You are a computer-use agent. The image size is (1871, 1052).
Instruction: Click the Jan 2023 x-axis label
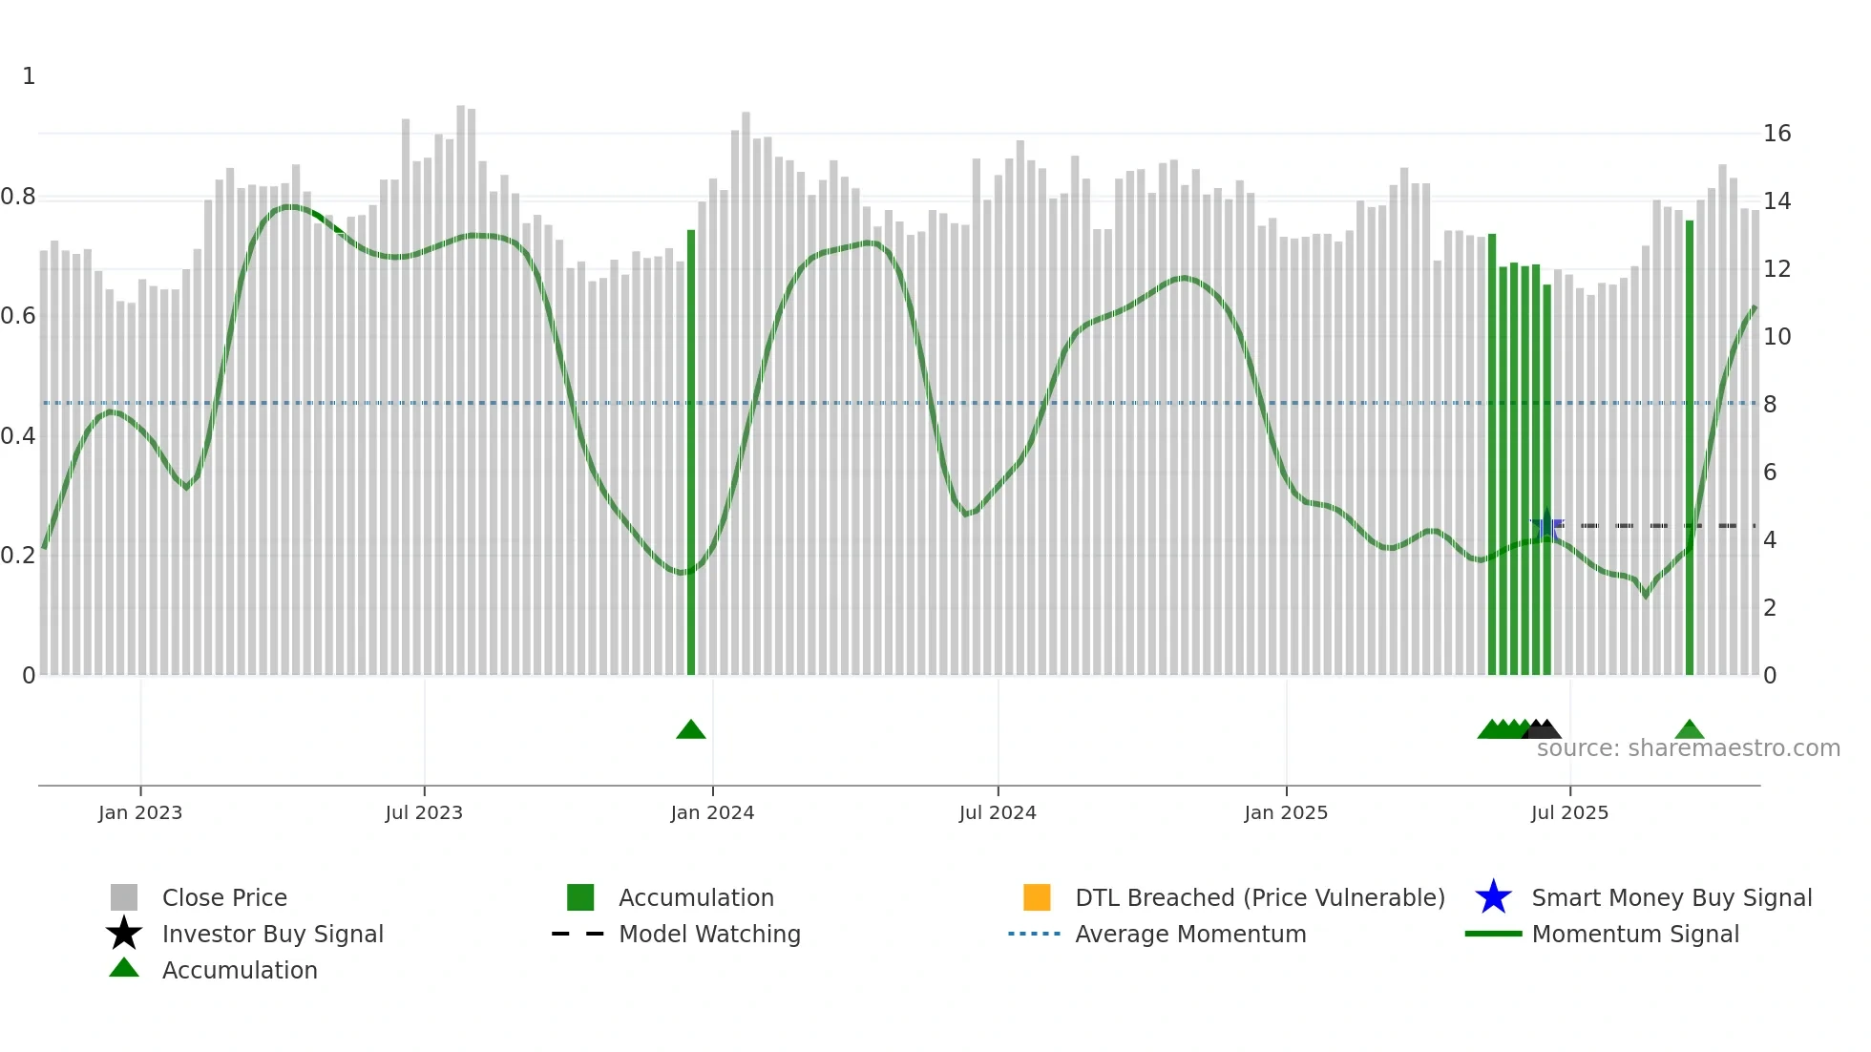pyautogui.click(x=139, y=812)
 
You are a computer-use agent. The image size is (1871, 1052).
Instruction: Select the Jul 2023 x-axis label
pyautogui.click(x=424, y=812)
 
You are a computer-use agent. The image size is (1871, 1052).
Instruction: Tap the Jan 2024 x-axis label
pyautogui.click(x=712, y=812)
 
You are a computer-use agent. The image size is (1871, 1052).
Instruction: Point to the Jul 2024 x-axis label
pyautogui.click(x=998, y=812)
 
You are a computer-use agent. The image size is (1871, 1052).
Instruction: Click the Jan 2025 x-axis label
pyautogui.click(x=1286, y=812)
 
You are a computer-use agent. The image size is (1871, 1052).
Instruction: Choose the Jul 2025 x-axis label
pyautogui.click(x=1569, y=812)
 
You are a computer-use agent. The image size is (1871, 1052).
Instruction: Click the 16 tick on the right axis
pyautogui.click(x=1776, y=134)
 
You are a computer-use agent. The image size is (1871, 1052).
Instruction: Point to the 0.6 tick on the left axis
pyautogui.click(x=18, y=316)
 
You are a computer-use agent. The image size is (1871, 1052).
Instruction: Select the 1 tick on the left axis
pyautogui.click(x=29, y=76)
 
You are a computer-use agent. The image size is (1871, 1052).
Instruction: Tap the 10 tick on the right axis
pyautogui.click(x=1776, y=337)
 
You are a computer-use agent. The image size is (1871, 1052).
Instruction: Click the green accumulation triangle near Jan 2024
pyautogui.click(x=690, y=730)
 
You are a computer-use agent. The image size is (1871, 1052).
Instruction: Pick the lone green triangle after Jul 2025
pyautogui.click(x=1689, y=730)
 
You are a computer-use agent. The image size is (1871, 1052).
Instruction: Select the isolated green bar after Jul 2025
pyautogui.click(x=1690, y=449)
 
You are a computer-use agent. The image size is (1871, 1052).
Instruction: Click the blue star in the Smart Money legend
pyautogui.click(x=1493, y=897)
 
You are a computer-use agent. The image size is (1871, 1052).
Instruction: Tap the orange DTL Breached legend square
pyautogui.click(x=1037, y=897)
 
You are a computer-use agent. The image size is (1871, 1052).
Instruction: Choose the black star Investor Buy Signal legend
pyautogui.click(x=124, y=934)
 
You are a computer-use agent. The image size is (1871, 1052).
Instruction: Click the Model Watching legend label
pyautogui.click(x=709, y=934)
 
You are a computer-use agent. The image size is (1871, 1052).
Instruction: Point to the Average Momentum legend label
pyautogui.click(x=1190, y=934)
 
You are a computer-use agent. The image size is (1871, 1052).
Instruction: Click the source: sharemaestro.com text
pyautogui.click(x=1688, y=748)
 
